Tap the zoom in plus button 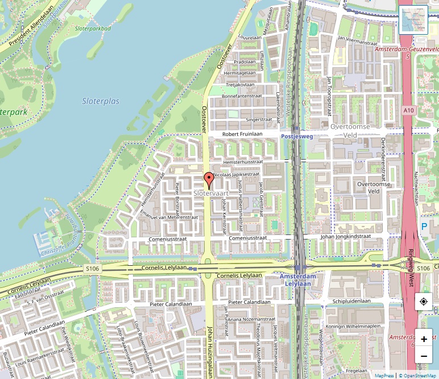tap(424, 339)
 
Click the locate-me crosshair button tap(424, 302)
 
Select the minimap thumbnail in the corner tap(413, 20)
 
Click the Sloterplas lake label tap(101, 101)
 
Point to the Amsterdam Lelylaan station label tap(297, 279)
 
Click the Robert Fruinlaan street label tap(242, 134)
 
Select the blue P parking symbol tap(424, 226)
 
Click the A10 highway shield tap(408, 110)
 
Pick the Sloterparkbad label tap(93, 27)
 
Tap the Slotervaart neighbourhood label tap(211, 193)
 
